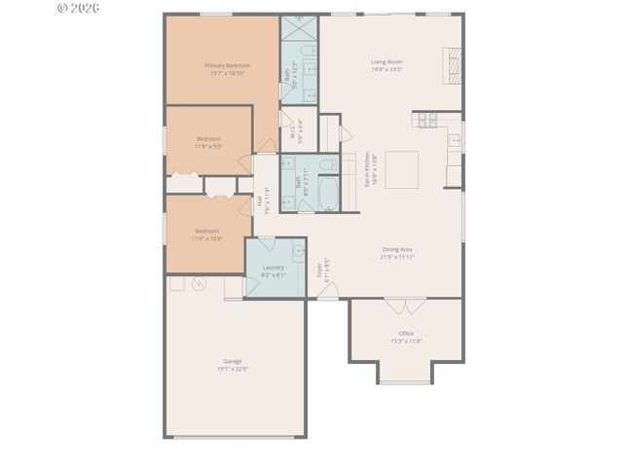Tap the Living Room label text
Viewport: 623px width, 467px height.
click(x=386, y=61)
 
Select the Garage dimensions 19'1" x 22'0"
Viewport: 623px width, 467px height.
click(x=232, y=369)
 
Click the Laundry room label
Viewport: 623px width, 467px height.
click(x=273, y=267)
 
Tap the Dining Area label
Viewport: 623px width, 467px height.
click(x=398, y=250)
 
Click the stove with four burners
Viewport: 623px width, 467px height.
click(x=427, y=120)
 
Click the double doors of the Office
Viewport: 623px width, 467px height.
click(x=405, y=305)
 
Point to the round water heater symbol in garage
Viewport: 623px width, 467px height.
click(x=200, y=285)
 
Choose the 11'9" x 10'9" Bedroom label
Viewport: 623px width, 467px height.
click(x=205, y=233)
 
